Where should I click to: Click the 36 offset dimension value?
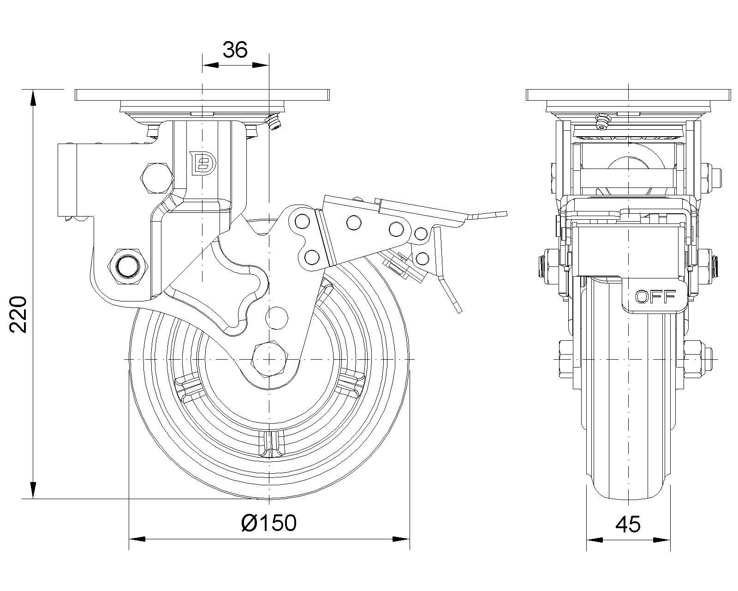point(235,49)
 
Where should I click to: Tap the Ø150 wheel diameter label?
point(269,523)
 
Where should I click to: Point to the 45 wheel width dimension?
point(628,525)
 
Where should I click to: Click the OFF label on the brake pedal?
point(655,296)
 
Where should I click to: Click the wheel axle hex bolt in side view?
point(270,359)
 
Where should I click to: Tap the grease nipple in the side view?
point(274,123)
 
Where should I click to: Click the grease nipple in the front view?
point(602,121)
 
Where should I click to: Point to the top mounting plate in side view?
point(202,95)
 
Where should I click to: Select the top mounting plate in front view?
point(628,95)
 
